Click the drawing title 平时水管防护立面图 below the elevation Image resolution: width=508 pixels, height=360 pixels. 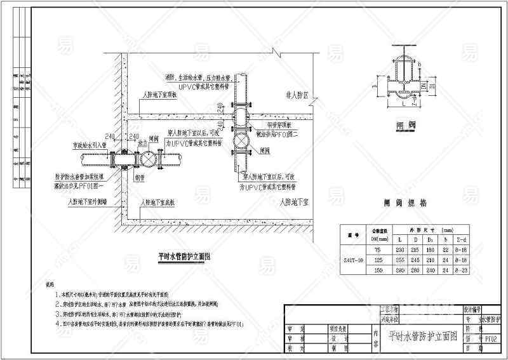(x=184, y=257)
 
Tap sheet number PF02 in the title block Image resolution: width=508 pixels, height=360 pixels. (x=490, y=339)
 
